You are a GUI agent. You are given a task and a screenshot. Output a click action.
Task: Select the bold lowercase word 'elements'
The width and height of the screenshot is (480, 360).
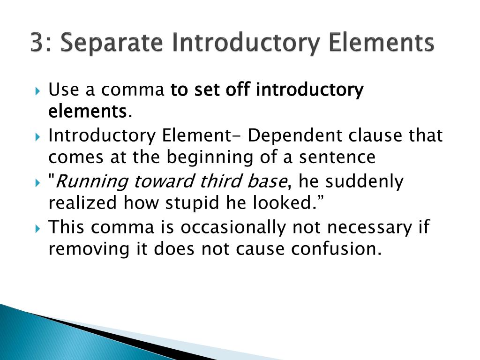coord(87,112)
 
